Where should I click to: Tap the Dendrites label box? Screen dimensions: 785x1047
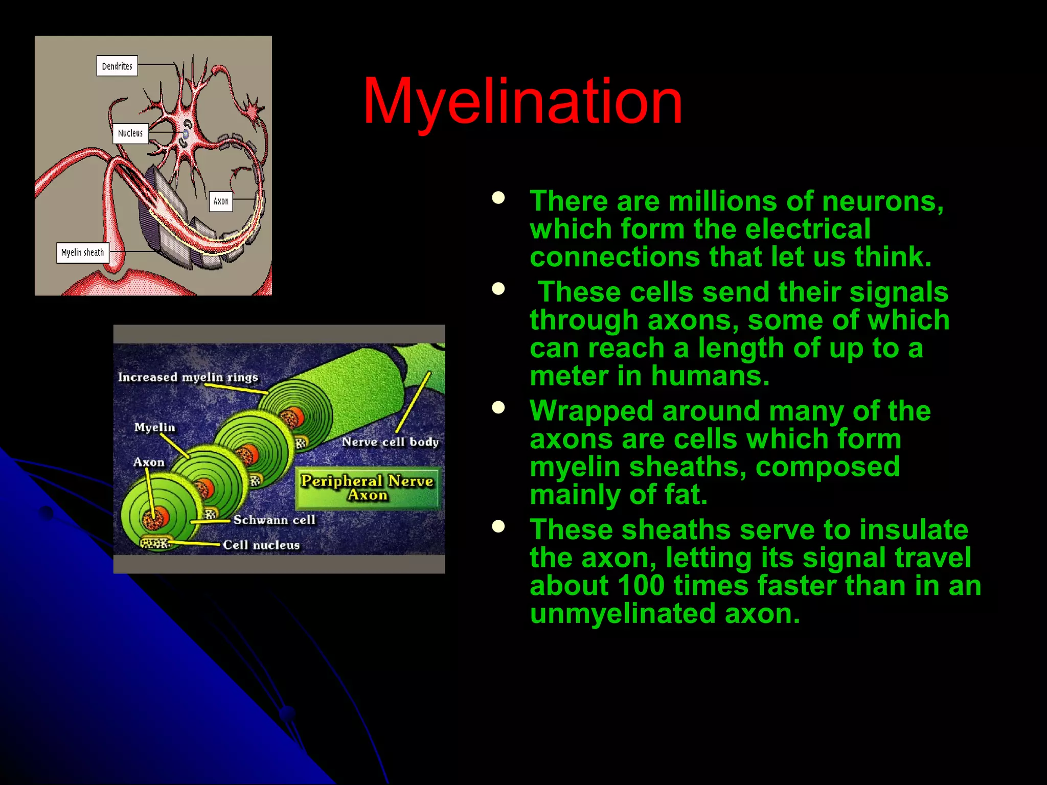click(117, 66)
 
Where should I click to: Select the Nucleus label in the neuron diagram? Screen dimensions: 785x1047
click(130, 133)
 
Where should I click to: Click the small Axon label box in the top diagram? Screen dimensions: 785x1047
click(221, 201)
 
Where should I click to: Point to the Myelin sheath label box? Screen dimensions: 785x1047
click(82, 252)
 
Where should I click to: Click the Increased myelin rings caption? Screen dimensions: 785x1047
click(188, 377)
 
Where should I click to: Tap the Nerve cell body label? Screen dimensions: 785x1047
click(390, 442)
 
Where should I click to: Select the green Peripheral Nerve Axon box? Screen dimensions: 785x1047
click(367, 488)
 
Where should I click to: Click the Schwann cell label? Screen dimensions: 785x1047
click(274, 520)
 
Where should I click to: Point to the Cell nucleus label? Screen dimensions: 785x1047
click(261, 545)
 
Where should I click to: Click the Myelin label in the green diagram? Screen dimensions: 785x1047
click(154, 427)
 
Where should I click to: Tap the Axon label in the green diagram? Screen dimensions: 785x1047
click(149, 462)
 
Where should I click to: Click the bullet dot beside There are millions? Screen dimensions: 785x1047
click(498, 198)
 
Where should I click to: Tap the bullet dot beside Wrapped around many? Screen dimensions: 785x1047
click(498, 407)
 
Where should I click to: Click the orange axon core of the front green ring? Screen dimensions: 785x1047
click(152, 519)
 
